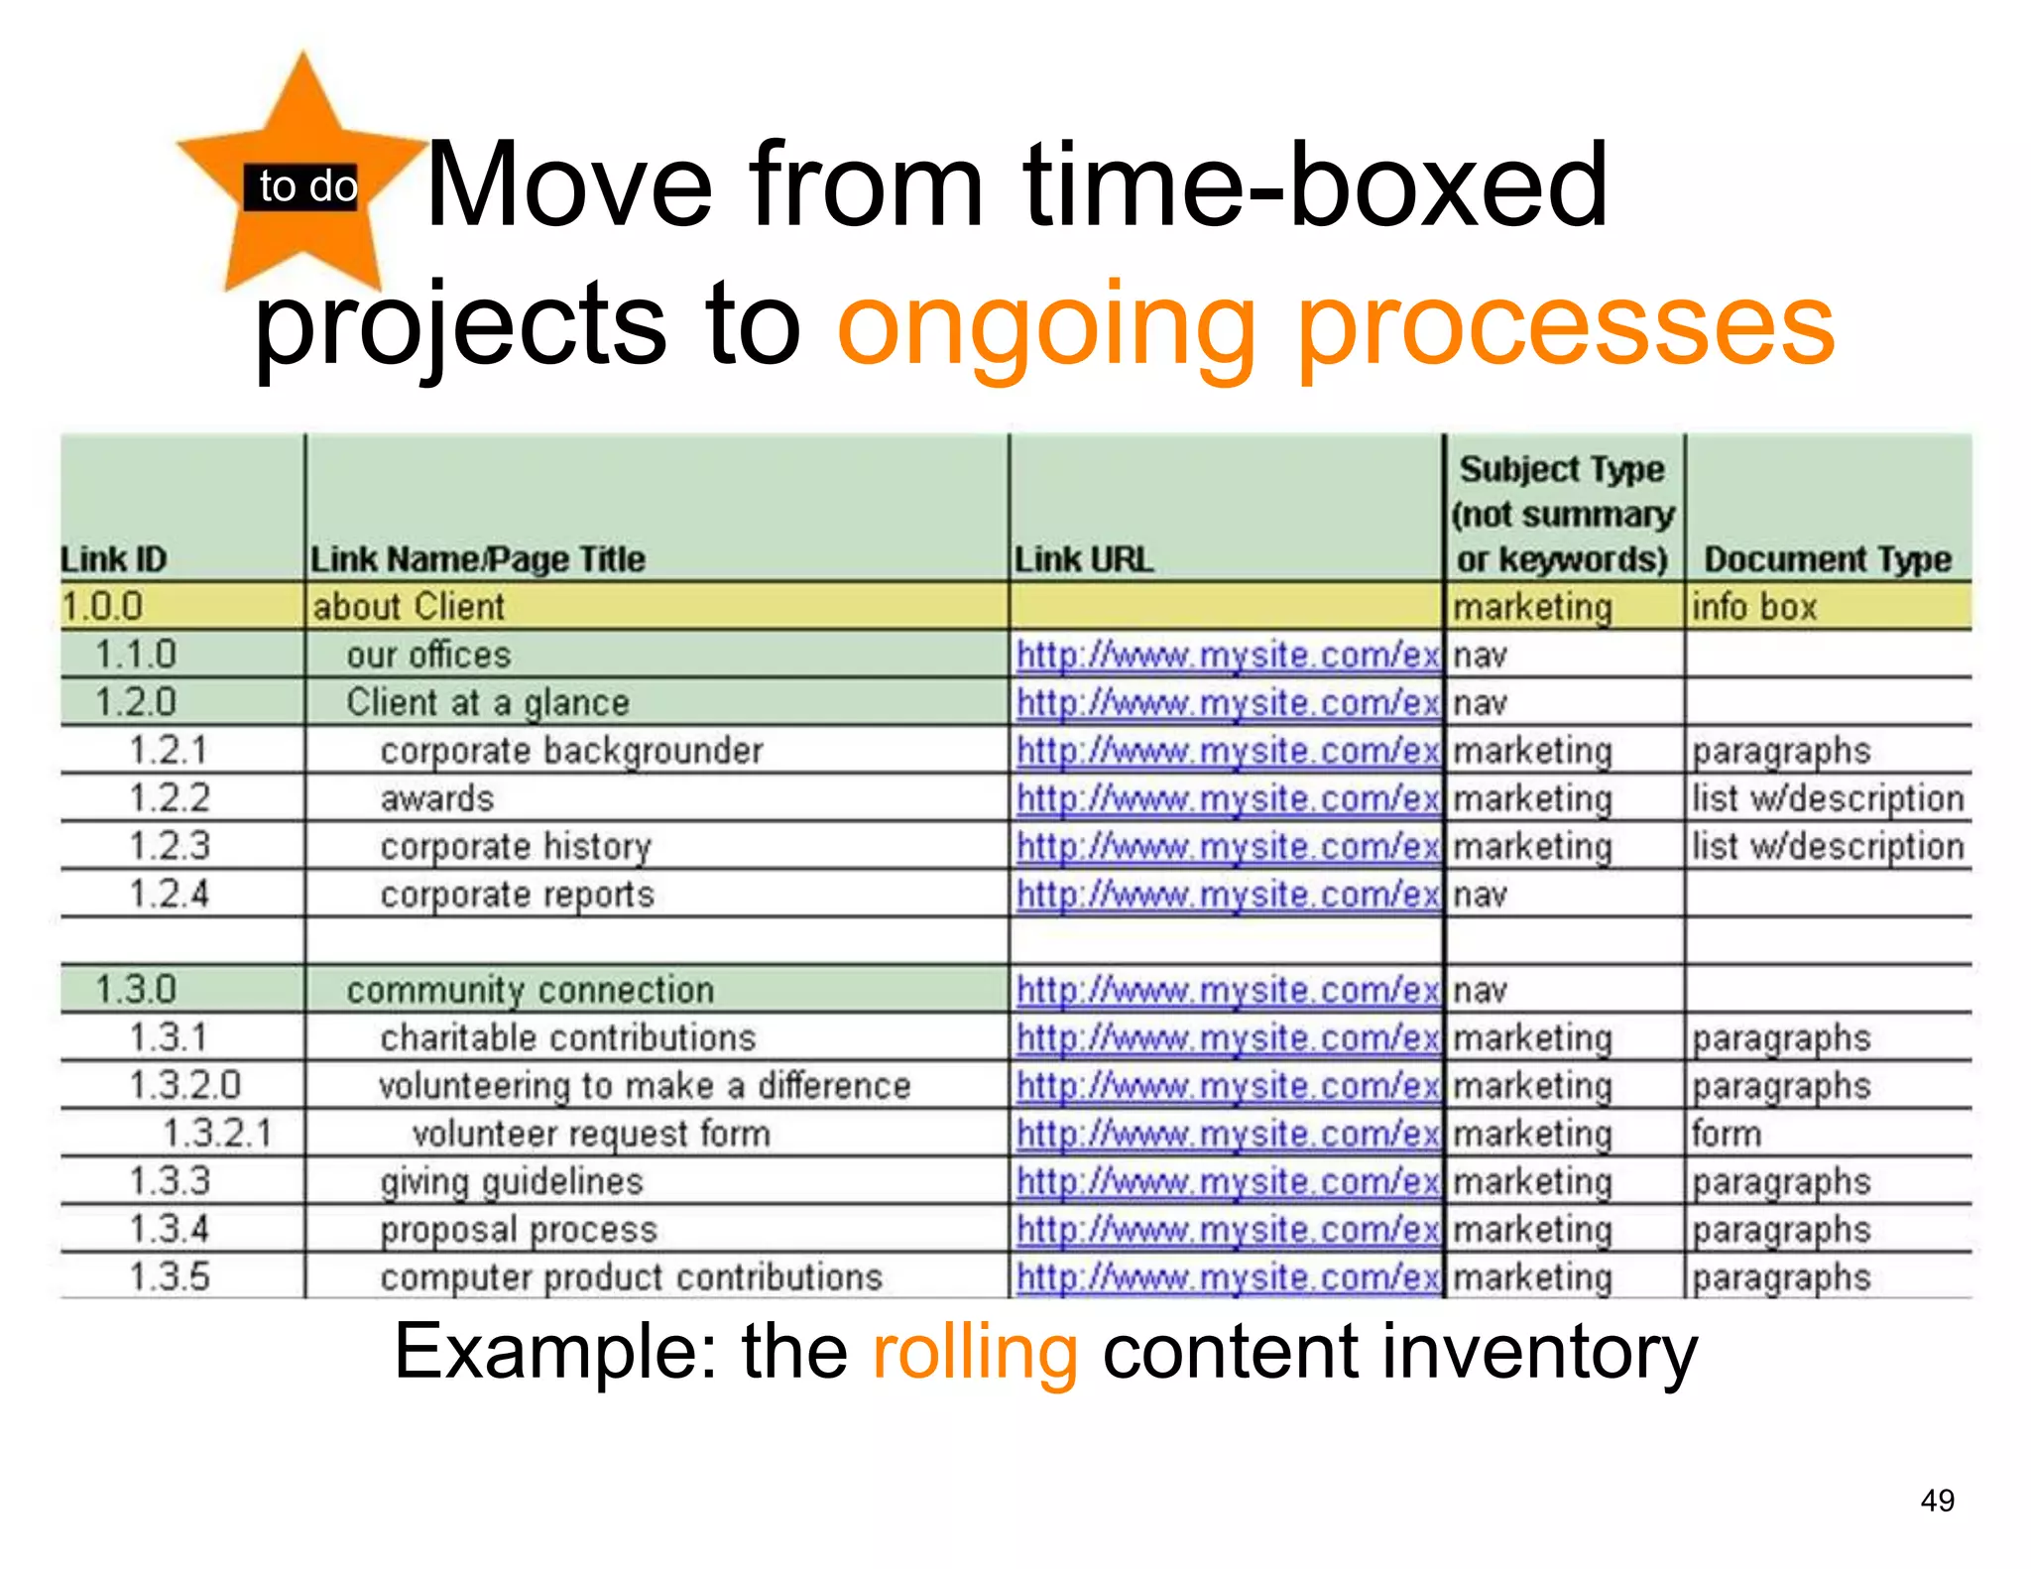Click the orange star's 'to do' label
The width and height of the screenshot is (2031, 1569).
pos(306,186)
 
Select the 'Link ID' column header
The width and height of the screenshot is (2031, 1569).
pos(114,559)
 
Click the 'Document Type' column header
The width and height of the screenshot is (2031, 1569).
pos(1827,559)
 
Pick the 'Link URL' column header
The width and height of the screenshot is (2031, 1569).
pos(1083,559)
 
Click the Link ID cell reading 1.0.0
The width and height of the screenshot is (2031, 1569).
pos(103,606)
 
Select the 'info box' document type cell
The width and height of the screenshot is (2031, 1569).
pos(1754,606)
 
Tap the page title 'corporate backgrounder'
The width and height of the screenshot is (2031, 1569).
pos(571,751)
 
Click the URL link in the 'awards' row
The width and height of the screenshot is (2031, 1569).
pos(1228,798)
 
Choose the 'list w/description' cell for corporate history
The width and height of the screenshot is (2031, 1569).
pos(1828,846)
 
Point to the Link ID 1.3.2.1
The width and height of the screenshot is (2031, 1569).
pos(217,1133)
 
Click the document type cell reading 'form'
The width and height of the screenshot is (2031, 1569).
pos(1727,1133)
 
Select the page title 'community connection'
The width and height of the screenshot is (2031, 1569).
pos(530,990)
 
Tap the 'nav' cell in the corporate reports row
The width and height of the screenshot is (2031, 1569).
pos(1480,895)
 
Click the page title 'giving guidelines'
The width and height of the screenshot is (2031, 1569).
pos(512,1181)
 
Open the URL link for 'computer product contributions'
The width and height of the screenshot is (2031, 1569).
pos(1228,1276)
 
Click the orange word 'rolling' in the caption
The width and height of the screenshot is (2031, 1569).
pos(975,1352)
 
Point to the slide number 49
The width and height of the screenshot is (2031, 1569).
pos(1937,1500)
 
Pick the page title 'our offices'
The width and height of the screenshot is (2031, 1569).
pos(428,655)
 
